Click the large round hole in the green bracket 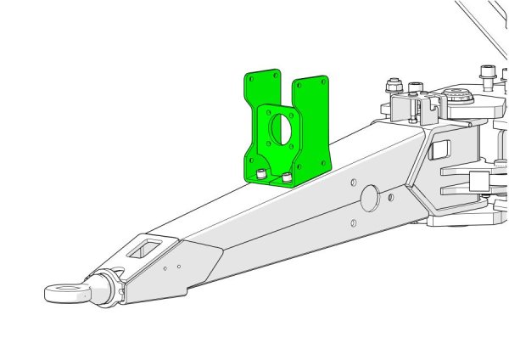pos(280,127)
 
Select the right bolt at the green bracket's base pos(288,177)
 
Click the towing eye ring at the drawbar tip pos(64,293)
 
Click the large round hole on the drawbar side pos(371,197)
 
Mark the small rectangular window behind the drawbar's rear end pos(440,150)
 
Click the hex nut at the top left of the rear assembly pos(392,86)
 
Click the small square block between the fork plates pos(478,180)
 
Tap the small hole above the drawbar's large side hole pos(352,182)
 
